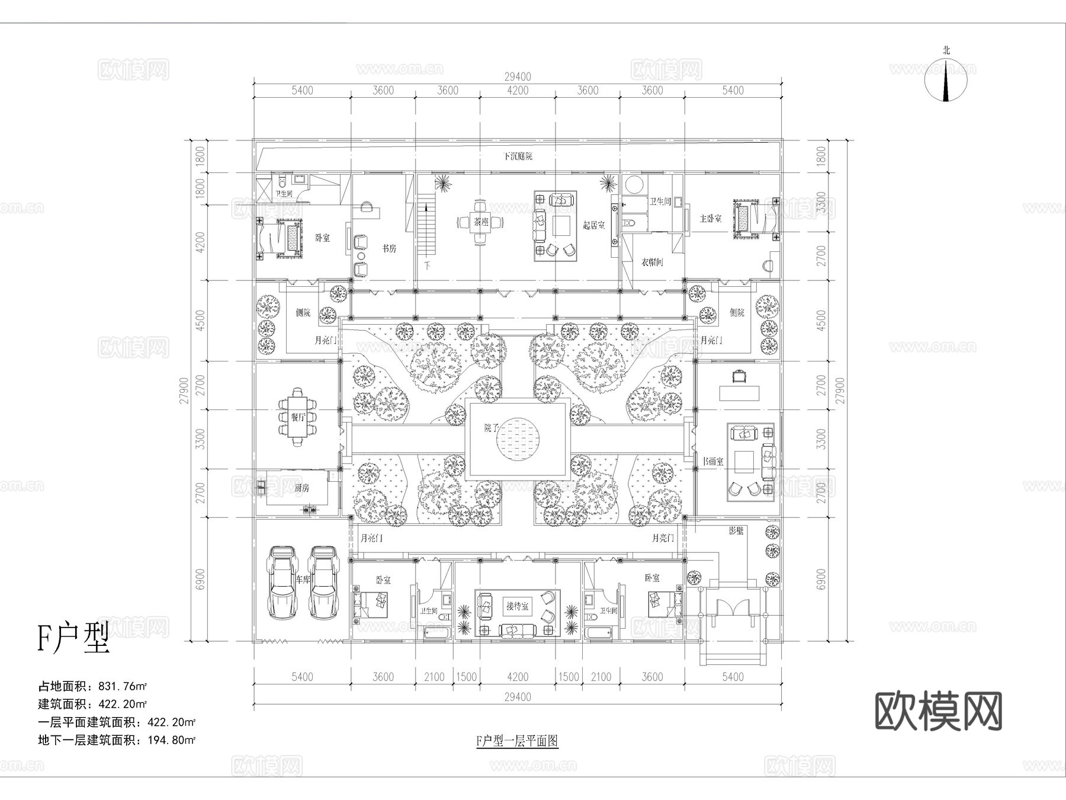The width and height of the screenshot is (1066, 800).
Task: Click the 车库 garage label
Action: tap(303, 580)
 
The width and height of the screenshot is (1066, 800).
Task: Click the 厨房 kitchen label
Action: tap(301, 488)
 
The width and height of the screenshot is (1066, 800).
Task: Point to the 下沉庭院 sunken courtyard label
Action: tap(518, 156)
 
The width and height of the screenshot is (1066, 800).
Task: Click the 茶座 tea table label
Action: tap(480, 222)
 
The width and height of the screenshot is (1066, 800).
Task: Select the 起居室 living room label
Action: tap(593, 225)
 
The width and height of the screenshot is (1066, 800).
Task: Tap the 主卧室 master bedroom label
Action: tap(710, 219)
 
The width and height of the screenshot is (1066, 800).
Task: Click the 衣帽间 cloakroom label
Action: tap(651, 261)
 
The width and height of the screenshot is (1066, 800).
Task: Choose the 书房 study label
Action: tap(388, 248)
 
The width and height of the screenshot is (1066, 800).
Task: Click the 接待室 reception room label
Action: tap(517, 606)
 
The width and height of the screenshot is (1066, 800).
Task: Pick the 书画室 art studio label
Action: tap(712, 461)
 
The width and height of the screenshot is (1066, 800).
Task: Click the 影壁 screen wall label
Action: tap(736, 531)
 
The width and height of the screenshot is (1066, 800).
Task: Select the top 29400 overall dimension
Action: tap(518, 76)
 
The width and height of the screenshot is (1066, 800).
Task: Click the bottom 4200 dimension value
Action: tap(518, 677)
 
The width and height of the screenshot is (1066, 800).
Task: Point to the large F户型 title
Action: tap(73, 639)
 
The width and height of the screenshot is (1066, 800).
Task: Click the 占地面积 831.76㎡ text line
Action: tap(92, 686)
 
